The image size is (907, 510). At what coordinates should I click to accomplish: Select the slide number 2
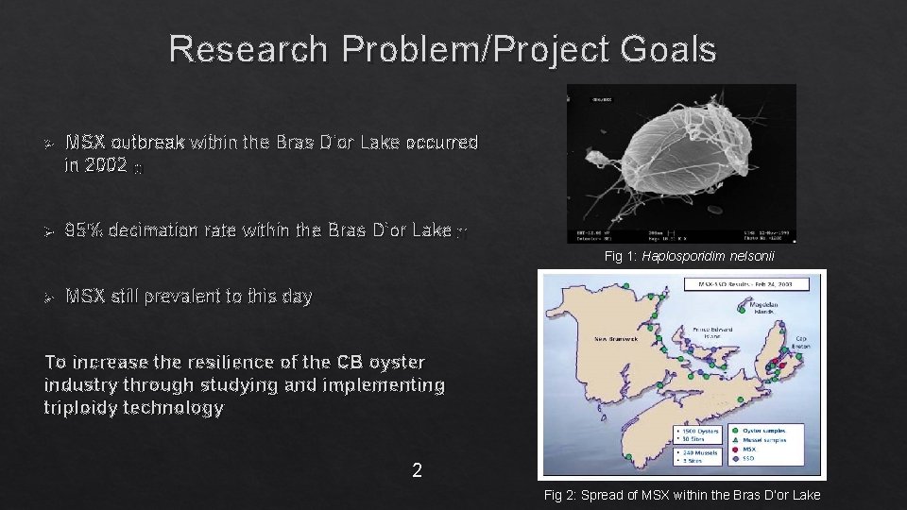pyautogui.click(x=417, y=469)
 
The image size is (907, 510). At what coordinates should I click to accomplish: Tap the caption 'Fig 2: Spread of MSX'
pyautogui.click(x=682, y=496)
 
